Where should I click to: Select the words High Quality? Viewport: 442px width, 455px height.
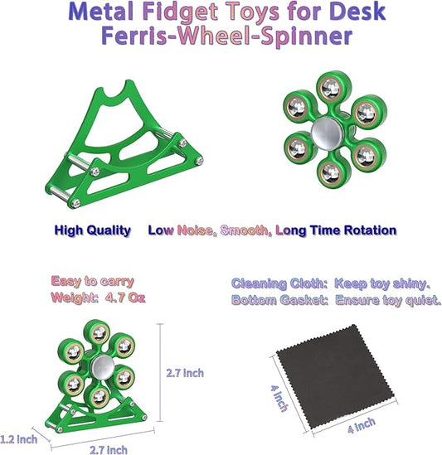click(x=93, y=230)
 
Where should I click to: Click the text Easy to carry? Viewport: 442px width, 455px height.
click(x=92, y=281)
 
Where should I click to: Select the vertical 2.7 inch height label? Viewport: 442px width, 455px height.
click(x=183, y=374)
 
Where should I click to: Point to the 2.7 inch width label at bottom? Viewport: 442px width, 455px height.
click(x=108, y=449)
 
